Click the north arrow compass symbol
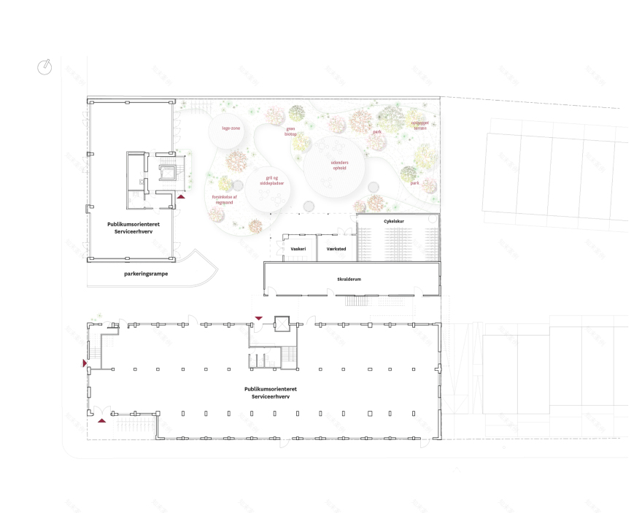(x=45, y=67)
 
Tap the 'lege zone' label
(x=231, y=128)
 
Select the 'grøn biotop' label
(x=290, y=132)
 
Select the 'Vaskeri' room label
(x=298, y=249)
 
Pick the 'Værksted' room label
(x=336, y=249)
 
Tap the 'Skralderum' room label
(x=350, y=279)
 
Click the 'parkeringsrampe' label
(x=146, y=274)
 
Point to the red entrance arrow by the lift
(x=258, y=317)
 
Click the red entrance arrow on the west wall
(x=85, y=363)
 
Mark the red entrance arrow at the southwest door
(x=102, y=420)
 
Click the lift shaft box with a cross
(x=281, y=324)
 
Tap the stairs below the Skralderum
(x=355, y=302)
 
